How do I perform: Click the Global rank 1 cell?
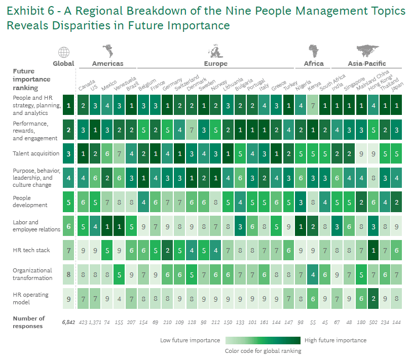68,106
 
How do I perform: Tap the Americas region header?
107,64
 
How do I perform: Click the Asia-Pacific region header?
367,64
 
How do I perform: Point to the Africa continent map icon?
314,51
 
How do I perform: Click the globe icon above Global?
64,52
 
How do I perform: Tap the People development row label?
30,202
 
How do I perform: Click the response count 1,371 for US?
95,323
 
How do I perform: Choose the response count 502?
373,323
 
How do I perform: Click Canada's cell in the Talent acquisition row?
83,153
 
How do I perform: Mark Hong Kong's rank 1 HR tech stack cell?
373,250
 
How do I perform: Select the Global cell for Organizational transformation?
68,274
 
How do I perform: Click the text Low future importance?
190,340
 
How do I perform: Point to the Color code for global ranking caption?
263,351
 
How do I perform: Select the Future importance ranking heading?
31,79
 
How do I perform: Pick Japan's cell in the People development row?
397,202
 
